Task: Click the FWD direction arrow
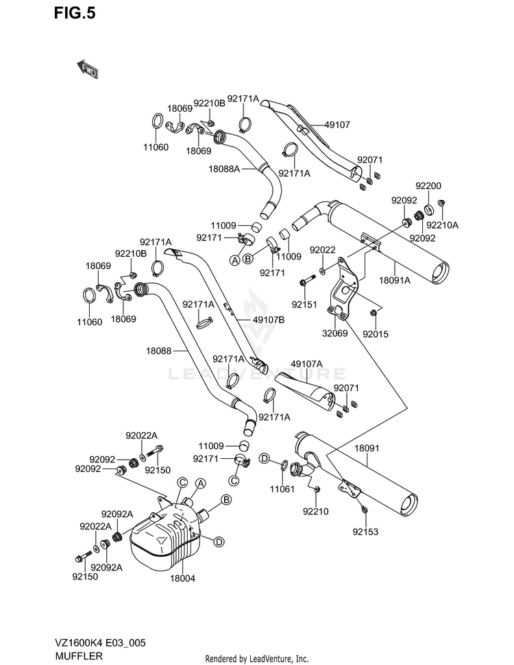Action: coord(87,68)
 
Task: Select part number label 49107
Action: coord(337,125)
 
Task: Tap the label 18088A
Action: coord(224,168)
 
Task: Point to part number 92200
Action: coord(428,186)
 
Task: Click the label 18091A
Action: coord(395,280)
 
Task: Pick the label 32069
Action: coord(335,334)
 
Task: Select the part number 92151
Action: coord(304,305)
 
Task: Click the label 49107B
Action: coord(269,321)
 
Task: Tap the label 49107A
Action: coord(307,364)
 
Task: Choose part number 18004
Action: coord(182,578)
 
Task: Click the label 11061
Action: coord(282,490)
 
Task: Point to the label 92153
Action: coord(365,532)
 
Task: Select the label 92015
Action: coord(376,334)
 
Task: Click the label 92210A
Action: coord(442,225)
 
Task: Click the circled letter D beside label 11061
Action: coord(265,458)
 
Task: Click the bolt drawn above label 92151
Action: coord(308,281)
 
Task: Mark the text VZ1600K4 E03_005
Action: coord(100,643)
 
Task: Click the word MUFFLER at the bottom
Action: coord(79,656)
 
